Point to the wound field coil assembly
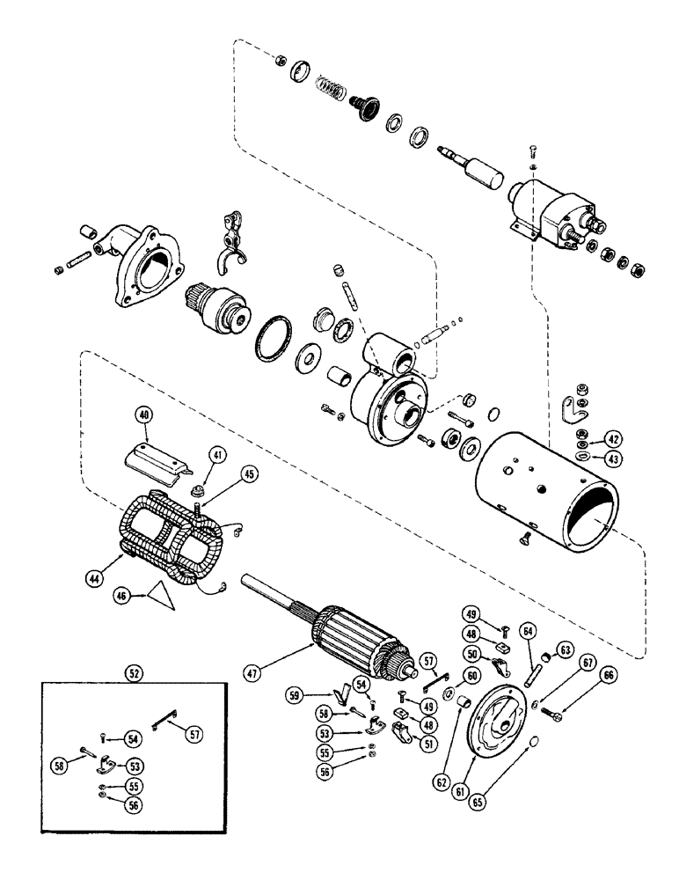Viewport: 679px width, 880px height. point(172,539)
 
